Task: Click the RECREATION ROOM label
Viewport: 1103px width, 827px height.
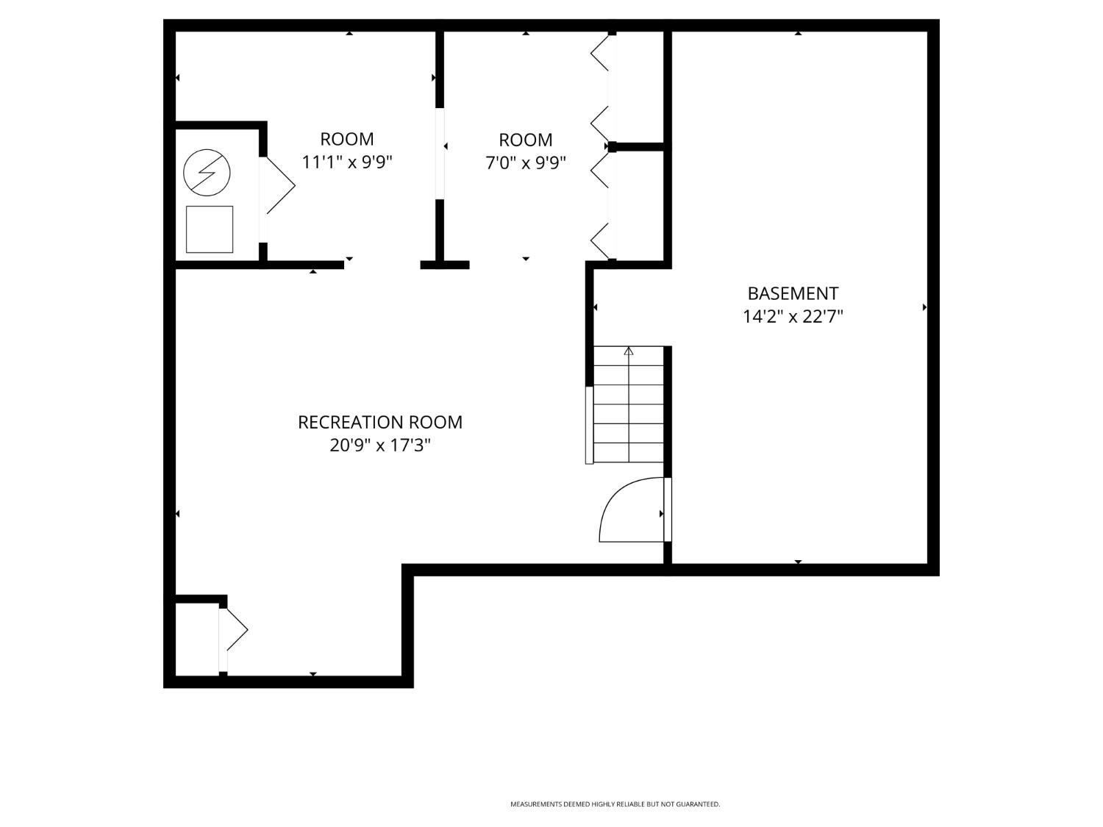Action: pyautogui.click(x=379, y=422)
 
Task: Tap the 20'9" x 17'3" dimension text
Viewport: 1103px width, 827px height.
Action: pyautogui.click(x=379, y=445)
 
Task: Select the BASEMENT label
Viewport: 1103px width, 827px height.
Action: pyautogui.click(x=793, y=293)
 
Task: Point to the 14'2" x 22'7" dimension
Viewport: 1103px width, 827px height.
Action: pyautogui.click(x=793, y=317)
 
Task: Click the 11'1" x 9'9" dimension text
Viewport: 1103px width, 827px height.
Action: pyautogui.click(x=347, y=162)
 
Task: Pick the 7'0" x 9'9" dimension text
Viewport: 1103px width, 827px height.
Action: pyautogui.click(x=525, y=162)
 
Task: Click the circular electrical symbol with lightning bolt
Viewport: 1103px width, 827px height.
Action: pyautogui.click(x=207, y=173)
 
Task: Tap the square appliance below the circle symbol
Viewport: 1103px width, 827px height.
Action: pyautogui.click(x=210, y=229)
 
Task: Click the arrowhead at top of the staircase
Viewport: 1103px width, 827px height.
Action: pyautogui.click(x=629, y=351)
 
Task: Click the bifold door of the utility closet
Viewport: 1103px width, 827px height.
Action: pyautogui.click(x=279, y=185)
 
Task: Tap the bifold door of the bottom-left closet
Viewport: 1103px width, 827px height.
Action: pyautogui.click(x=236, y=630)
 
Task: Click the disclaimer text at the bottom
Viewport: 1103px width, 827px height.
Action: pyautogui.click(x=615, y=804)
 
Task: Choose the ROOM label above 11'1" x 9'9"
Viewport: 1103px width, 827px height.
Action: pyautogui.click(x=347, y=139)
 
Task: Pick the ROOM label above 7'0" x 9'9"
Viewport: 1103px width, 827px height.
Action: pyautogui.click(x=525, y=140)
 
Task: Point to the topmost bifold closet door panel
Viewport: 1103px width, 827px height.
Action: pyautogui.click(x=600, y=53)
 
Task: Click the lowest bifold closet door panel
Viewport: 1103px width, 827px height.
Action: pyautogui.click(x=600, y=240)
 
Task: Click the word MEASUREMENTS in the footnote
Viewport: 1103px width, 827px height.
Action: pyautogui.click(x=535, y=804)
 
